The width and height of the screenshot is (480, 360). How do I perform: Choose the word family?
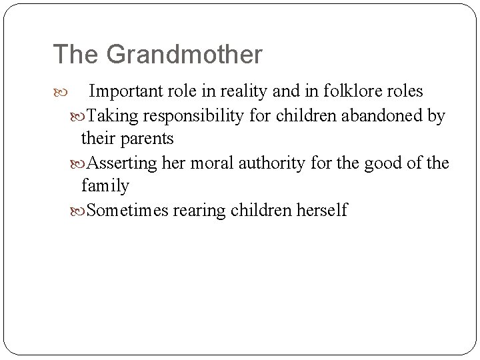[105, 187]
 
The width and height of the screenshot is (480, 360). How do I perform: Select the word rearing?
[199, 211]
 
